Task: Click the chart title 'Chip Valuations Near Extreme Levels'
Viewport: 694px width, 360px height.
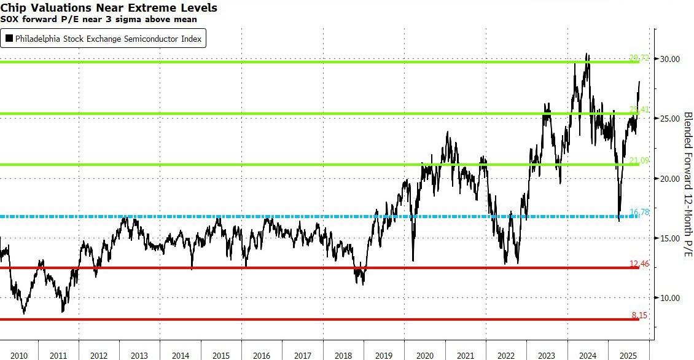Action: [109, 8]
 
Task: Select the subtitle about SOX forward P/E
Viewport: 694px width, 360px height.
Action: [98, 19]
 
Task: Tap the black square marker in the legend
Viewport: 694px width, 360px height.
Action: [9, 39]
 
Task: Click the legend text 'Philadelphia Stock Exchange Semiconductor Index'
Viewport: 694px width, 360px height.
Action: [108, 39]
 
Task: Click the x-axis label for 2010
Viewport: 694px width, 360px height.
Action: [18, 356]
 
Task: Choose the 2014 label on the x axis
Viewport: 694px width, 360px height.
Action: [181, 356]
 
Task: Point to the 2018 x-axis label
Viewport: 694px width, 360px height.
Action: [343, 356]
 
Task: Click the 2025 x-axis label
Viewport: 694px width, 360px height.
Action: [628, 356]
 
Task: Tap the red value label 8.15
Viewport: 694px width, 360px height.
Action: [639, 315]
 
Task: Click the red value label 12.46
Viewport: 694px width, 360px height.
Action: [639, 264]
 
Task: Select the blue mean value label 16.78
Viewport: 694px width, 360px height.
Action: [639, 213]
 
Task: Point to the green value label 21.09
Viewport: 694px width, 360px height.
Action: [639, 160]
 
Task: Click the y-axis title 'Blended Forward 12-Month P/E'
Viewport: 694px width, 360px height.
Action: [687, 184]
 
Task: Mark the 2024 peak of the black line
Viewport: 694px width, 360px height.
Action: [587, 53]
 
